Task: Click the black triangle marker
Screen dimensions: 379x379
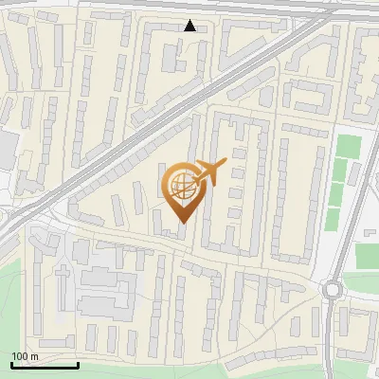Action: [190, 27]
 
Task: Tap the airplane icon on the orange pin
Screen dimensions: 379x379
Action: [208, 171]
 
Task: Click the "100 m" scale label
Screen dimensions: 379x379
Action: [25, 355]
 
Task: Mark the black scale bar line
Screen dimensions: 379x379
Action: [45, 365]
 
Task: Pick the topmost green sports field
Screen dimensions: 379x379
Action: [349, 148]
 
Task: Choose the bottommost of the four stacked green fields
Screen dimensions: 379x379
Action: [333, 219]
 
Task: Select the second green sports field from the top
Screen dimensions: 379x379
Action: [342, 171]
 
